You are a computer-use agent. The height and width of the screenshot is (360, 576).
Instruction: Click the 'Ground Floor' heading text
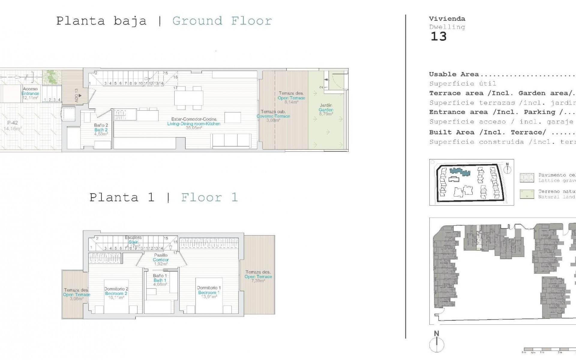click(222, 21)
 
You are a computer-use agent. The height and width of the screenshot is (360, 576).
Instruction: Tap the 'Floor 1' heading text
click(209, 197)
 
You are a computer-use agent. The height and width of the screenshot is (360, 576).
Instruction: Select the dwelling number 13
click(438, 37)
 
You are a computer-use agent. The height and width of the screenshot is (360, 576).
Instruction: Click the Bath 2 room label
click(101, 130)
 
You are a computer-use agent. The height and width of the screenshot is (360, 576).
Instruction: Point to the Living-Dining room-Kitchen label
click(194, 123)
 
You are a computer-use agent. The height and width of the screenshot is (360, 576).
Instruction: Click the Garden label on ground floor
click(326, 109)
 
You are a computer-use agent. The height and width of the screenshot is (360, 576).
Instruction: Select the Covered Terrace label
click(273, 116)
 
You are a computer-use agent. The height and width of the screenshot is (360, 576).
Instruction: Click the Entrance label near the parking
click(30, 93)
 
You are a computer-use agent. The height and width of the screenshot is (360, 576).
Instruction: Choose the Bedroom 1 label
click(209, 292)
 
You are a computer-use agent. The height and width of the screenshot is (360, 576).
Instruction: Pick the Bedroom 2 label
click(116, 293)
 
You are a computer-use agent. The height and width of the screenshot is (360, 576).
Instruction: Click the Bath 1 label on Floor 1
click(160, 280)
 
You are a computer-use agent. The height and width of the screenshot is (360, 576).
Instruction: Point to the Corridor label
click(160, 260)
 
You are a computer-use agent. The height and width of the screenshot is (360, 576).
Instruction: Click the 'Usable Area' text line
click(454, 74)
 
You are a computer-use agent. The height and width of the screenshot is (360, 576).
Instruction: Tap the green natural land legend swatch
click(527, 194)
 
